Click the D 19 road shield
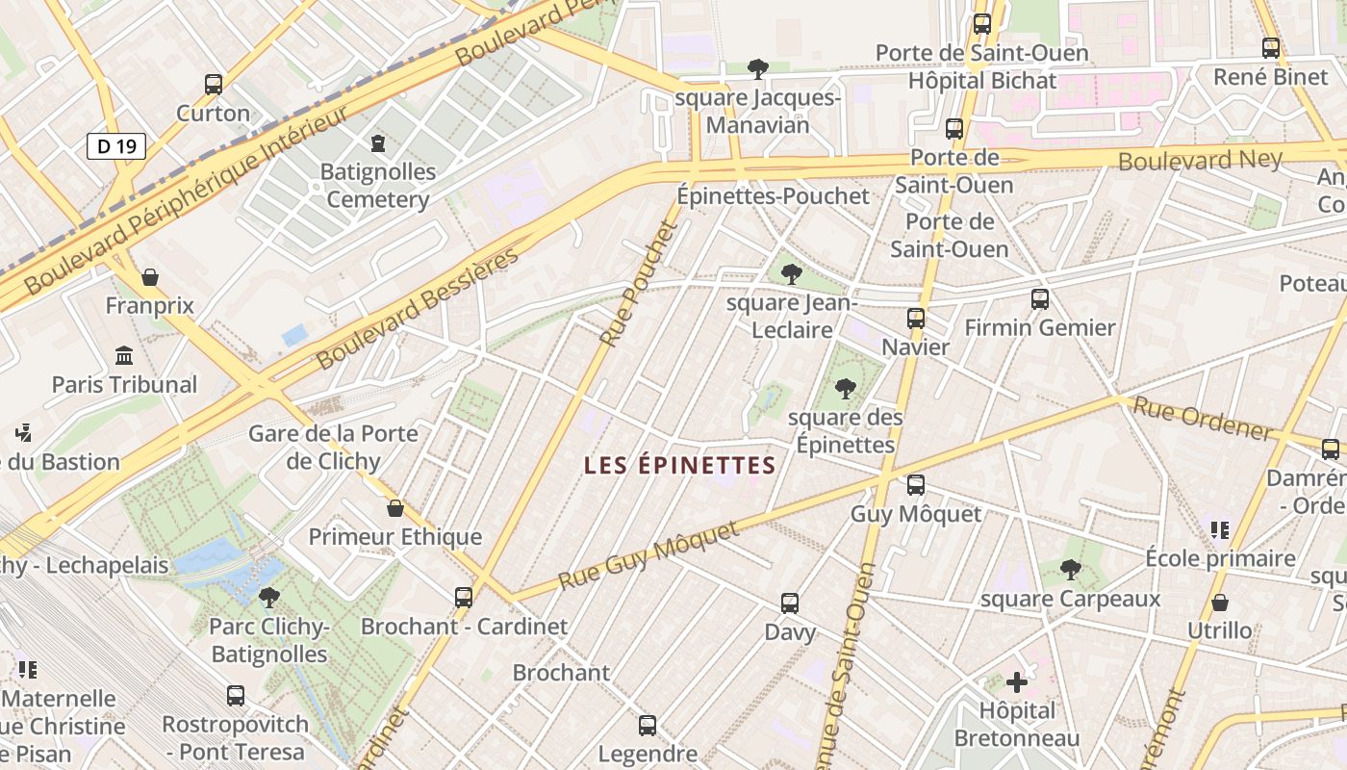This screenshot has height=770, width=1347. point(116,146)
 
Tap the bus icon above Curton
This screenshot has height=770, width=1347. point(214,84)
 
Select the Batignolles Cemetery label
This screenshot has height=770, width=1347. point(378,186)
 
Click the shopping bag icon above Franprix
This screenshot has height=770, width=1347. point(150,277)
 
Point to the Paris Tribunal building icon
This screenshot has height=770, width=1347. point(124,356)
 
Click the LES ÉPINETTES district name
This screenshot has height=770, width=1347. point(679,466)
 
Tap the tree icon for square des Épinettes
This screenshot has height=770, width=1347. point(846,389)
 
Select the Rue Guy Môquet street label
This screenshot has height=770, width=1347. point(649,555)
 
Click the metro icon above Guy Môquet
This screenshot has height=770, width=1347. point(915,484)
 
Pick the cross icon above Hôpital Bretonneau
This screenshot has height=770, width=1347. point(1017,682)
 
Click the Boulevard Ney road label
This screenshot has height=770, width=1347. point(1200,159)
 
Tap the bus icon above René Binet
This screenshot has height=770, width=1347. point(1271,47)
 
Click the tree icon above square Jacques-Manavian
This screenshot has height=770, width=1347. point(758,68)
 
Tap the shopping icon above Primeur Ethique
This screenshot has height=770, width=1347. point(394,508)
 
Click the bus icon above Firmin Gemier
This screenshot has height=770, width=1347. point(1039,298)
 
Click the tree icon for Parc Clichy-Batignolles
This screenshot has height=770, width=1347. point(269,597)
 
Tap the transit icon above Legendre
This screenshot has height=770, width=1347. point(648,725)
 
